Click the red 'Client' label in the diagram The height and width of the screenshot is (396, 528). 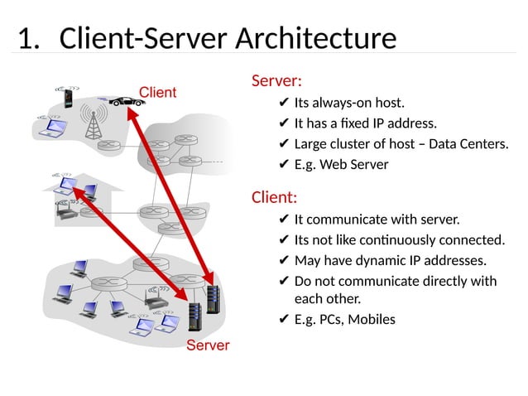(x=156, y=92)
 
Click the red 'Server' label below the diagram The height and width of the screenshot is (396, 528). (x=207, y=345)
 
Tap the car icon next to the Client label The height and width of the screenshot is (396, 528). (x=125, y=102)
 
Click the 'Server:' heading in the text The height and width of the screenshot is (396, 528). (x=276, y=81)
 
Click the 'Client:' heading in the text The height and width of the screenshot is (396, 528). (x=274, y=198)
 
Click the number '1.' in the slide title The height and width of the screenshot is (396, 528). (x=29, y=38)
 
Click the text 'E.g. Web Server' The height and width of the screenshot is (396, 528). (x=341, y=164)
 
